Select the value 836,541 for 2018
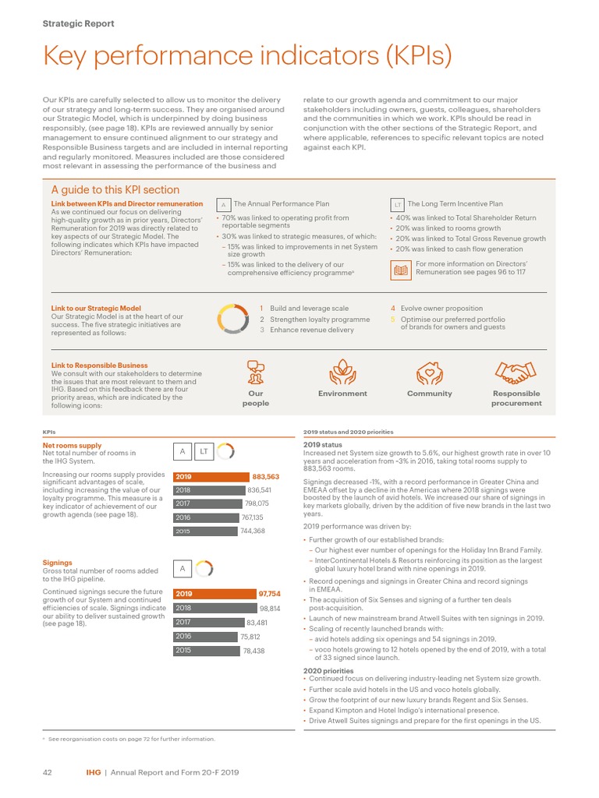pos(259,490)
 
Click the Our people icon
pos(255,373)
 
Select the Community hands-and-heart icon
pos(429,373)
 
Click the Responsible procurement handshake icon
pos(516,373)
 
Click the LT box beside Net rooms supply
pos(204,451)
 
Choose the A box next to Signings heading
pos(182,569)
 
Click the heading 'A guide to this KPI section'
pos(115,189)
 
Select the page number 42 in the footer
pos(46,772)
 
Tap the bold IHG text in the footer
pos(93,772)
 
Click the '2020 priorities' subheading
pos(328,670)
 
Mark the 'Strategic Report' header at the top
pos(78,23)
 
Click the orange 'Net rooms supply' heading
pos(72,446)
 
